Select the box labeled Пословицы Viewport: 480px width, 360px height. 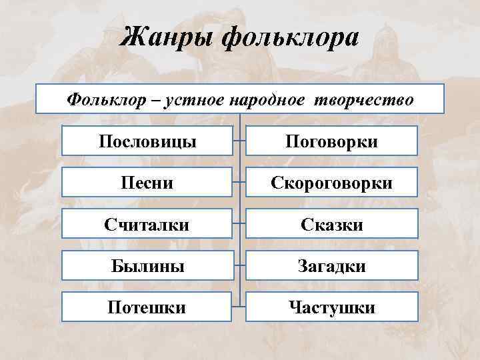pos(147,141)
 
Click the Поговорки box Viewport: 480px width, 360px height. pos(331,141)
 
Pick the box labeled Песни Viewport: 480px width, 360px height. pos(147,183)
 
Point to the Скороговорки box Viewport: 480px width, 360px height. pos(331,183)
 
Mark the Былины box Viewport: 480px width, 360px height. pos(147,266)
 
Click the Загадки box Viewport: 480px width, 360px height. pos(331,266)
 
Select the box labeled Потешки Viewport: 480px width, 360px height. pos(147,307)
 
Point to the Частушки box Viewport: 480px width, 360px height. pos(331,307)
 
